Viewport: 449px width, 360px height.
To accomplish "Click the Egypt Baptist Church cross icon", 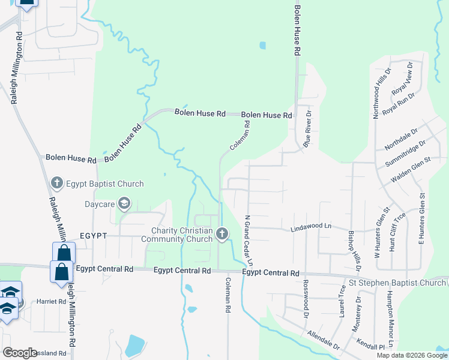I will tap(57, 182).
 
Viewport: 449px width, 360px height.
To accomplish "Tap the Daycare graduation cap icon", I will tap(124, 205).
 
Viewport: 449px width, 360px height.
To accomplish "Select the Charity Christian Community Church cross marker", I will tap(223, 233).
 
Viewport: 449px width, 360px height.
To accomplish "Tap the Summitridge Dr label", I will tap(405, 152).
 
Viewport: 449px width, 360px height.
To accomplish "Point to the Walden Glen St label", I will tap(411, 170).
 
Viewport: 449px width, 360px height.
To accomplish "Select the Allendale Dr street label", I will tap(323, 340).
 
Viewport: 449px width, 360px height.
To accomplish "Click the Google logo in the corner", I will tap(19, 352).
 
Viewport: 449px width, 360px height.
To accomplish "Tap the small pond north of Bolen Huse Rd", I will tap(262, 45).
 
